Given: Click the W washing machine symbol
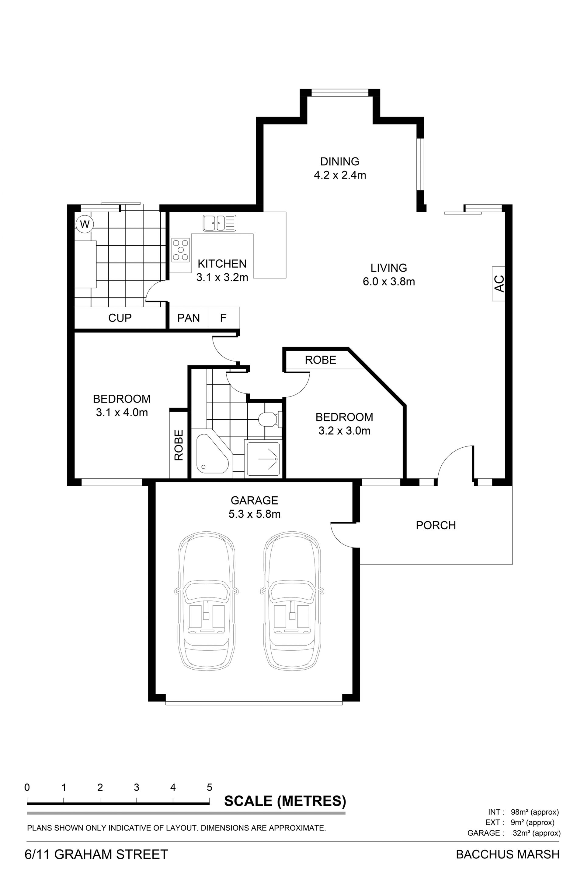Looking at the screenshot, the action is point(85,224).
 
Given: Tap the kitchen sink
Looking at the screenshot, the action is point(219,223).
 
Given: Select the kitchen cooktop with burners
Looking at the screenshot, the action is point(181,250).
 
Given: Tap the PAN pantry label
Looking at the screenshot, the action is point(189,318).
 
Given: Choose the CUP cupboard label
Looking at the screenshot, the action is point(120,318).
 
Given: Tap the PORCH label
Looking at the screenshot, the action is point(436,525).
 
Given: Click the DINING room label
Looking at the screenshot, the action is point(340,161).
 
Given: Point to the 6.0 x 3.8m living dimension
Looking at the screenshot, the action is point(389,281).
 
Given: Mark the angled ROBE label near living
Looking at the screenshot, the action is point(320,360).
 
